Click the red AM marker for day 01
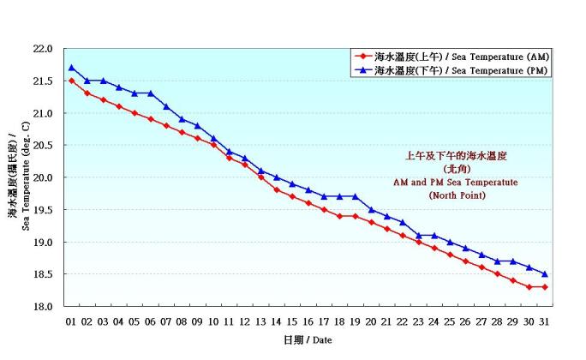72,81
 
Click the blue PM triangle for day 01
72,68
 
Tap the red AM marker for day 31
545,287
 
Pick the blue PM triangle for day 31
545,274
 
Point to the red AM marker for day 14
277,190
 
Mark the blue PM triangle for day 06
151,93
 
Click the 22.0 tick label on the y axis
45,49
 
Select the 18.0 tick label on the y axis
45,306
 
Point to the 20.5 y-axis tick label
45,145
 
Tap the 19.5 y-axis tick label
45,209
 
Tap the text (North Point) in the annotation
457,195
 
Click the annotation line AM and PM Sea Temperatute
457,183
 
